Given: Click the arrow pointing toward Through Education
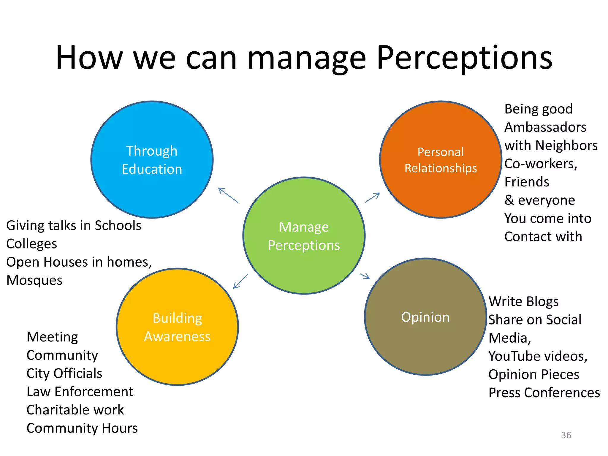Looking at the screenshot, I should tap(228, 195).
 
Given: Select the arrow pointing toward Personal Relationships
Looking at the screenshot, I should tap(372, 197).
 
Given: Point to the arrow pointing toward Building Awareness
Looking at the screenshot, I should tap(240, 281).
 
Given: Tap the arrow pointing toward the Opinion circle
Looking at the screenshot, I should tap(365, 276).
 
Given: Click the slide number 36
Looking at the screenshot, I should tap(566, 435).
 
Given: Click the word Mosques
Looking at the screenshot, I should tap(34, 280).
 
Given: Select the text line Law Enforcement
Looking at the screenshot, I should tap(80, 392).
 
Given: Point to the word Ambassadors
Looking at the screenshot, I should tap(545, 127).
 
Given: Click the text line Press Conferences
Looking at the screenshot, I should tap(544, 392).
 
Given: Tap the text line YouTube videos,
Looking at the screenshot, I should tap(538, 356).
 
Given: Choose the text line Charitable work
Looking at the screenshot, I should tap(75, 410).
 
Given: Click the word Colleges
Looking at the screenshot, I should tap(32, 244).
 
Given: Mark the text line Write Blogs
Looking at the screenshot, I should tap(524, 301).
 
